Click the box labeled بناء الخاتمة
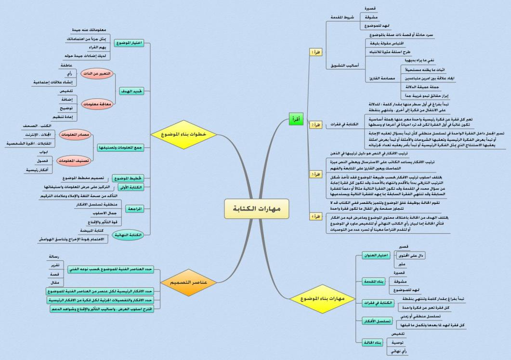(371, 342)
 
